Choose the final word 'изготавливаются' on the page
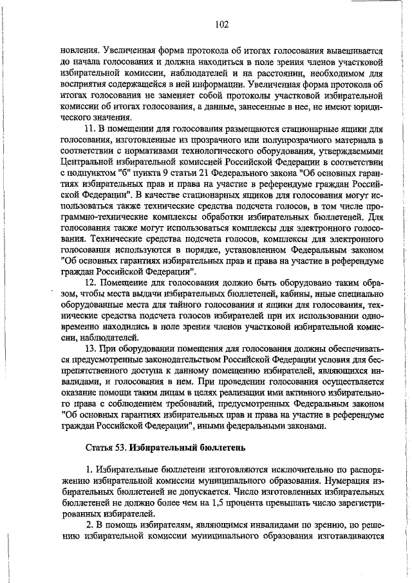tap(346, 537)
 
